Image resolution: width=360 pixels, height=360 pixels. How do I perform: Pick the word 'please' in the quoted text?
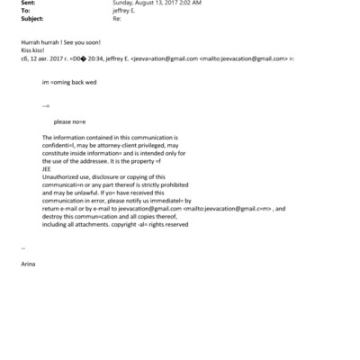(x=63, y=121)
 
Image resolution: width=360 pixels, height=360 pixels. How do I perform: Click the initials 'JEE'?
(x=48, y=166)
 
